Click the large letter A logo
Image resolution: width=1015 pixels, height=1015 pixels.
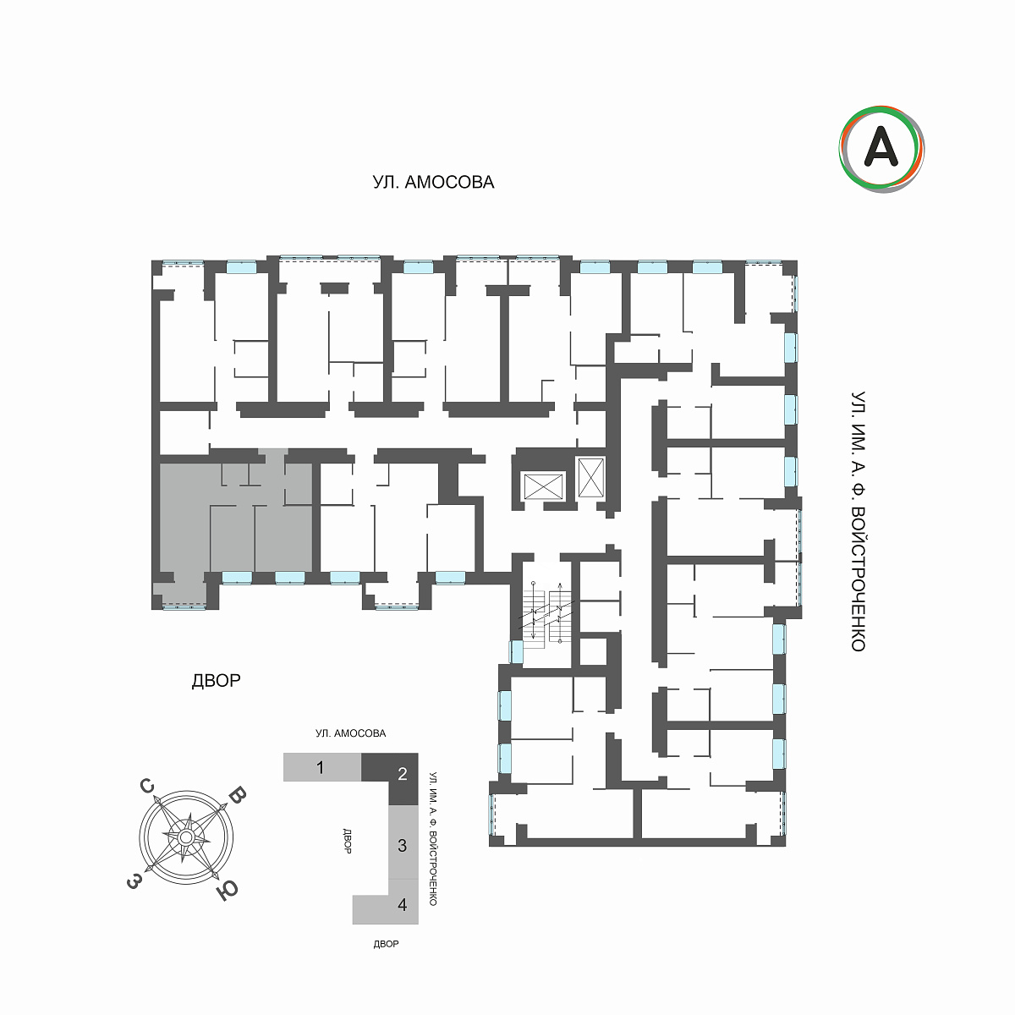click(881, 149)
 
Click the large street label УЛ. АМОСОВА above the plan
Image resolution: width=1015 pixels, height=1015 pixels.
click(433, 182)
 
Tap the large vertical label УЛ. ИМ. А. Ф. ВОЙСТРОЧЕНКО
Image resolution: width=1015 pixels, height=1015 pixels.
click(859, 522)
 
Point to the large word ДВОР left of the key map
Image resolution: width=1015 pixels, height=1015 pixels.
click(216, 681)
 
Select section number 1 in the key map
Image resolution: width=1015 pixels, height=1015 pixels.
click(320, 767)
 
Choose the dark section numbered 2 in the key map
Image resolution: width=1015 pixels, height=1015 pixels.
click(403, 774)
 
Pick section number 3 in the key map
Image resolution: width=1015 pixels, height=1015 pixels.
click(403, 846)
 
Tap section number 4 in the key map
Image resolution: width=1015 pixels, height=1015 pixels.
click(403, 905)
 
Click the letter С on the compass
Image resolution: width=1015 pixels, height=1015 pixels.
click(147, 787)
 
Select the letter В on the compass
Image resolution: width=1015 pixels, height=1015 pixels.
click(238, 795)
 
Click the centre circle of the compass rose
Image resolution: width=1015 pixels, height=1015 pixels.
click(185, 837)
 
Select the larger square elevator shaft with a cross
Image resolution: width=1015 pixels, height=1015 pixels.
click(543, 486)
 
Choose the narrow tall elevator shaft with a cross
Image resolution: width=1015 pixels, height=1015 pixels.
click(591, 478)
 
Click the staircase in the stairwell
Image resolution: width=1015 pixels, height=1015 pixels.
click(546, 614)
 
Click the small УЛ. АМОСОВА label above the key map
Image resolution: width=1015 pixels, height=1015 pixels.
click(351, 733)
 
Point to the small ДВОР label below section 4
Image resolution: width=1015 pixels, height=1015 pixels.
click(386, 944)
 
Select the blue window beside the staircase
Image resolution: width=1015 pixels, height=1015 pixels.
click(516, 651)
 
